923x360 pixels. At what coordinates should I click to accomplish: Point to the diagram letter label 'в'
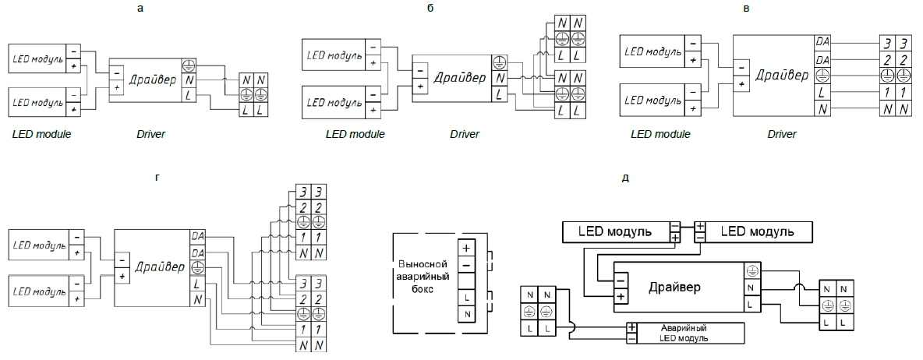click(x=769, y=9)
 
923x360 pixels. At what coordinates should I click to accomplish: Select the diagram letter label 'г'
click(x=158, y=178)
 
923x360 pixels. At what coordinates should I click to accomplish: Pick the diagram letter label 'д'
click(x=625, y=178)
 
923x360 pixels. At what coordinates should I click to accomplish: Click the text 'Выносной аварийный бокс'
click(x=421, y=276)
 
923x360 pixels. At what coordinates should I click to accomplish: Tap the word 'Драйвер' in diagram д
click(x=674, y=288)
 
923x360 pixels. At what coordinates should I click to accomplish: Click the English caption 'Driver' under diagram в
click(x=781, y=134)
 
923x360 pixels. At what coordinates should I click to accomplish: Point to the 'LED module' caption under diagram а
click(x=42, y=134)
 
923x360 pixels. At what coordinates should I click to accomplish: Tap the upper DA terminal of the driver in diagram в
click(x=822, y=41)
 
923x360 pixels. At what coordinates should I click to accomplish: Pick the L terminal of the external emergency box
click(x=466, y=298)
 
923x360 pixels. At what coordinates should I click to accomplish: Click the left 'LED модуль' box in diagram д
click(x=614, y=231)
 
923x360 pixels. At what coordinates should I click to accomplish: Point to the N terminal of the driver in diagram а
click(x=188, y=79)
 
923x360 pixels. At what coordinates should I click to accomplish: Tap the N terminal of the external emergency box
click(x=466, y=313)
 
